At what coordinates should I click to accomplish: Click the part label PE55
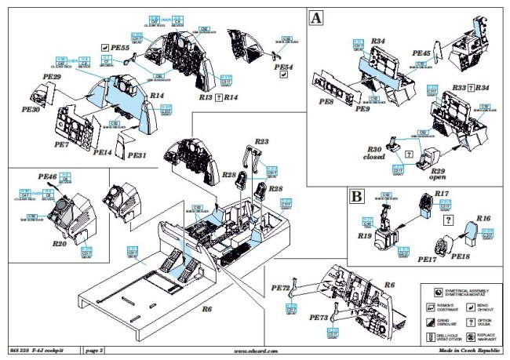(x=120, y=46)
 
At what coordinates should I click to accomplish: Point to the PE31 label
(x=137, y=156)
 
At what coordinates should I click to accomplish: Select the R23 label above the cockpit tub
(x=261, y=141)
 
